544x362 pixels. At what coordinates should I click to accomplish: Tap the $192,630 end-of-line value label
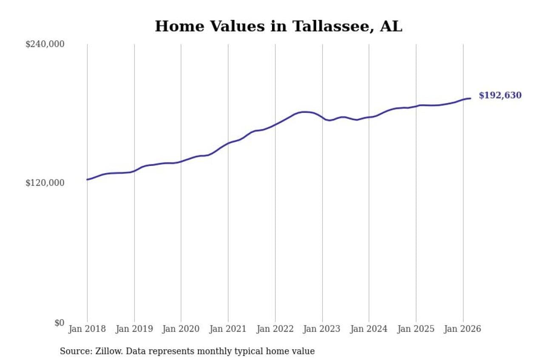coord(500,95)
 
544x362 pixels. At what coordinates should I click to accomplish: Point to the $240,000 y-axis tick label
coord(45,44)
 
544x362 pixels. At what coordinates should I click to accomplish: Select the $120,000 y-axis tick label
coord(45,183)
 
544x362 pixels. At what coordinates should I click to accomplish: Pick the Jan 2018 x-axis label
coord(87,329)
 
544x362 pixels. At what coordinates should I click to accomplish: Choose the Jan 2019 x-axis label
coord(134,329)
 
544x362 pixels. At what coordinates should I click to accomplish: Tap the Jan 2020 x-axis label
coord(181,329)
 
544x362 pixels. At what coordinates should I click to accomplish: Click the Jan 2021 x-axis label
coord(228,329)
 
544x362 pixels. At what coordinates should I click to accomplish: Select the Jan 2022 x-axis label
coord(275,329)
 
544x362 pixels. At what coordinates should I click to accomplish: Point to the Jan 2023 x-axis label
coord(322,329)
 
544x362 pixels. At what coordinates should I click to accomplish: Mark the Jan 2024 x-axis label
coord(369,329)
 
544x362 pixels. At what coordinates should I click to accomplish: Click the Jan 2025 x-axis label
coord(416,329)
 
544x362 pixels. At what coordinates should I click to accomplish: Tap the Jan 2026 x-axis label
coord(463,329)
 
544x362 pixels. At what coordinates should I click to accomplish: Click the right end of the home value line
coord(470,98)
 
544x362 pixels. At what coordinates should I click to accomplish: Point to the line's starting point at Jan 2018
coord(88,180)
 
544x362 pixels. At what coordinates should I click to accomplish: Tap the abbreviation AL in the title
coord(391,26)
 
